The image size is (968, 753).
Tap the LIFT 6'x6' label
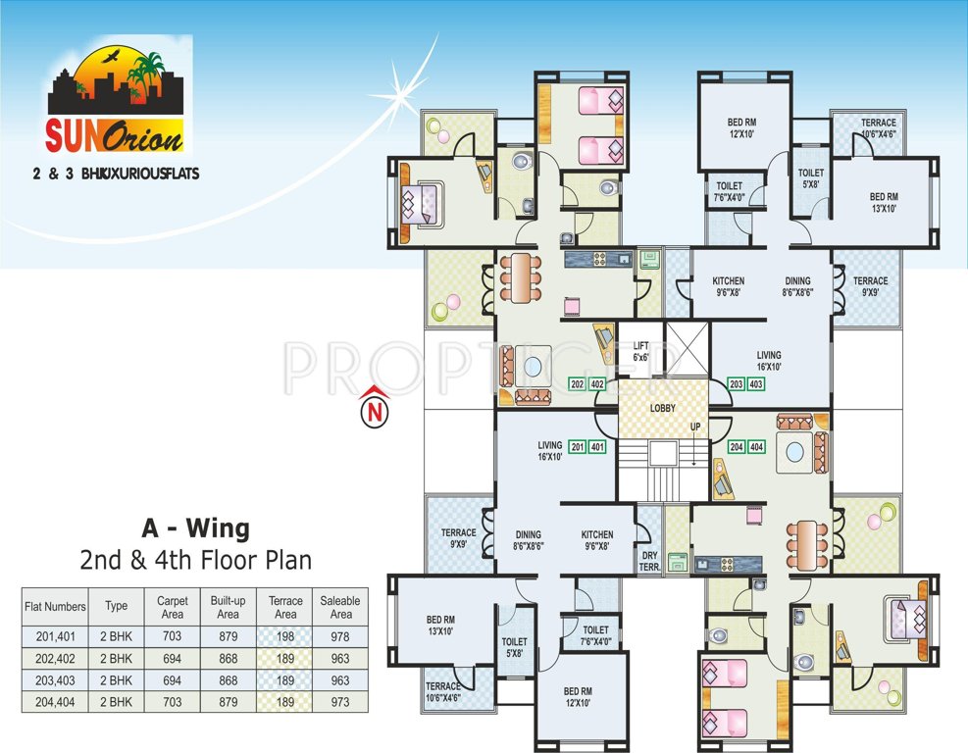tap(641, 351)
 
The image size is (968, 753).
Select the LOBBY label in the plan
tap(662, 408)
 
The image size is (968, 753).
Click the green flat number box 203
tap(737, 384)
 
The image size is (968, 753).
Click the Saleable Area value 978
tap(340, 636)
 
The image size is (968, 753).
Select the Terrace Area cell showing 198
tap(285, 636)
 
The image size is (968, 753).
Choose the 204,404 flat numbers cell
tap(55, 702)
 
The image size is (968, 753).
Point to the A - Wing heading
tap(195, 529)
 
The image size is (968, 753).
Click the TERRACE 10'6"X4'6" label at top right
tap(879, 128)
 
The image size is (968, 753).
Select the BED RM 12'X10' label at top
tap(741, 128)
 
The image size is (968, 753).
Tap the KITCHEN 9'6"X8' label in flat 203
tap(728, 286)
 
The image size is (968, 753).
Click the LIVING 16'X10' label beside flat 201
tap(548, 451)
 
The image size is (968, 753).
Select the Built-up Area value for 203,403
tap(228, 680)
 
